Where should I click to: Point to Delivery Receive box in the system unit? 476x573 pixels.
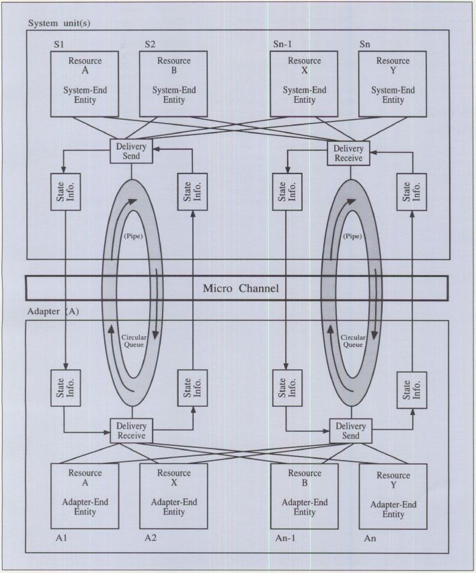pyautogui.click(x=349, y=153)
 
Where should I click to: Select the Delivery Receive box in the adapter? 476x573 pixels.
pyautogui.click(x=131, y=430)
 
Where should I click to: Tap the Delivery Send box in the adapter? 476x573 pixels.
pyautogui.click(x=349, y=430)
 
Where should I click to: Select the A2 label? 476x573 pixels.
pyautogui.click(x=151, y=538)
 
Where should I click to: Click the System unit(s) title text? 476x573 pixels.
pyautogui.click(x=60, y=22)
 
